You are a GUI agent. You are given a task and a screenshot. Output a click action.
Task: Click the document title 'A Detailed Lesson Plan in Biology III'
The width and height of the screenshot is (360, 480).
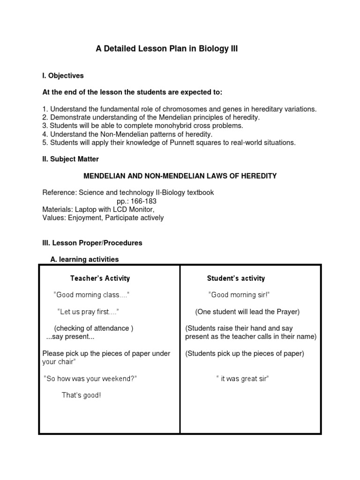(167, 49)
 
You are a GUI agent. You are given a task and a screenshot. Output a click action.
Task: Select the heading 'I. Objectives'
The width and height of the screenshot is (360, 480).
(63, 75)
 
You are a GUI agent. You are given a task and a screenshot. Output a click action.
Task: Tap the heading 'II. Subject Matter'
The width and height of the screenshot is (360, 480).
(70, 159)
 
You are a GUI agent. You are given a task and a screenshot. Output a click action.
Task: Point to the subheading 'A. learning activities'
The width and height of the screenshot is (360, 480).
(84, 259)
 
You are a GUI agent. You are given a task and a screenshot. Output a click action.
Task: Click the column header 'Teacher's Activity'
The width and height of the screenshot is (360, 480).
(100, 278)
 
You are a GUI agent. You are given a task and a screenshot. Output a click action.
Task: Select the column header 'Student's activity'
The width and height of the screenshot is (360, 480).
(236, 278)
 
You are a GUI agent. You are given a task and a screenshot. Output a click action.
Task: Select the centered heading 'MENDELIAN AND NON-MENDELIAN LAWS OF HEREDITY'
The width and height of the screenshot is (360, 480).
(180, 176)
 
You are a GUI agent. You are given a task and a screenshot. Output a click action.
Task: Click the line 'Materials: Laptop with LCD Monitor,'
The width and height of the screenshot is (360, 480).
(98, 210)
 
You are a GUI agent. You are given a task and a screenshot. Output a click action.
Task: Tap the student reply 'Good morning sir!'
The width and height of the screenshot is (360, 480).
(239, 295)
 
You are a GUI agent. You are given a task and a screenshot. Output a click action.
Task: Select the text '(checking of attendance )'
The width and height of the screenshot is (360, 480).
(94, 329)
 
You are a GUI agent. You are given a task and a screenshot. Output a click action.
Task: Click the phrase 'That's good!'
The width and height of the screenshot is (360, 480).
(81, 395)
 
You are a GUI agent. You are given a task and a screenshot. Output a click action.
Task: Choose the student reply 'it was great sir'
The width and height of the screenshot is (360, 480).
(242, 379)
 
